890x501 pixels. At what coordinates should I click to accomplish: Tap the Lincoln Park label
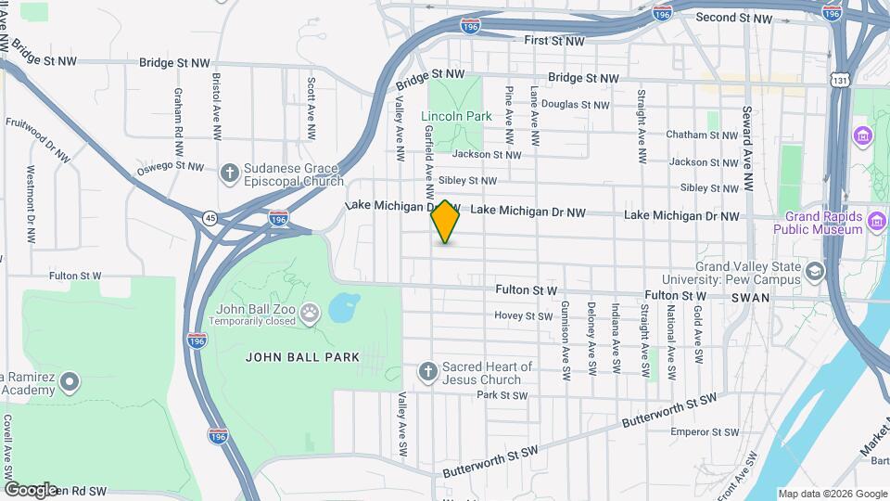click(456, 117)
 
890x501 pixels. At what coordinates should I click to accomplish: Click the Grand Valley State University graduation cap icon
click(815, 272)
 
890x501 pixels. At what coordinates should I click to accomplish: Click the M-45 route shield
click(210, 218)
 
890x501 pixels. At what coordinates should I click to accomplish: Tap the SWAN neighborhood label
click(749, 297)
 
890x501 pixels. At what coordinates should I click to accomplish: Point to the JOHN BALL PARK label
click(287, 356)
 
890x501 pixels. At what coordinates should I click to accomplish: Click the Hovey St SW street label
click(523, 316)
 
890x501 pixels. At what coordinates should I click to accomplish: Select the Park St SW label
click(502, 395)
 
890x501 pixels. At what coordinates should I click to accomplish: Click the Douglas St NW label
click(576, 105)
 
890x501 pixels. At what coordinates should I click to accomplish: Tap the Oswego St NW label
click(170, 167)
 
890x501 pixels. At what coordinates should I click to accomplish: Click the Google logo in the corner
click(31, 489)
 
